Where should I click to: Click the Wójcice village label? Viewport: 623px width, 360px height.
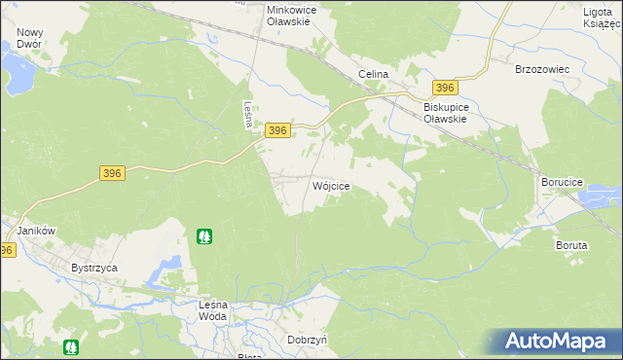click(x=330, y=185)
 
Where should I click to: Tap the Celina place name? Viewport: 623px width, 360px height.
click(x=373, y=74)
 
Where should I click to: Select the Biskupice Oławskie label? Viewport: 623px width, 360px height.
click(x=446, y=113)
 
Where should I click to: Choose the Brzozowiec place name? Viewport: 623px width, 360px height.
click(x=540, y=70)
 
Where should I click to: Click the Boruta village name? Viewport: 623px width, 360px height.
click(x=571, y=245)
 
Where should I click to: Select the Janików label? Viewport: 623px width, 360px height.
click(x=36, y=231)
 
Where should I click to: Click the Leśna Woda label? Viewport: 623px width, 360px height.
click(x=212, y=310)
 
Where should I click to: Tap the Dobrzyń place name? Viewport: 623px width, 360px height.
click(x=307, y=340)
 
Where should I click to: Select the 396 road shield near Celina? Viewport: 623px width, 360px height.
click(x=446, y=88)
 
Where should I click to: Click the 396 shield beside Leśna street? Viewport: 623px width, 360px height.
click(x=277, y=130)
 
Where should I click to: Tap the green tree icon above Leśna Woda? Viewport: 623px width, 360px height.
click(x=204, y=235)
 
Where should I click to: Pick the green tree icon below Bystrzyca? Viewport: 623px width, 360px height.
click(x=71, y=346)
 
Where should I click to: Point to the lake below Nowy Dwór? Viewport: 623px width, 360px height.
click(x=17, y=69)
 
